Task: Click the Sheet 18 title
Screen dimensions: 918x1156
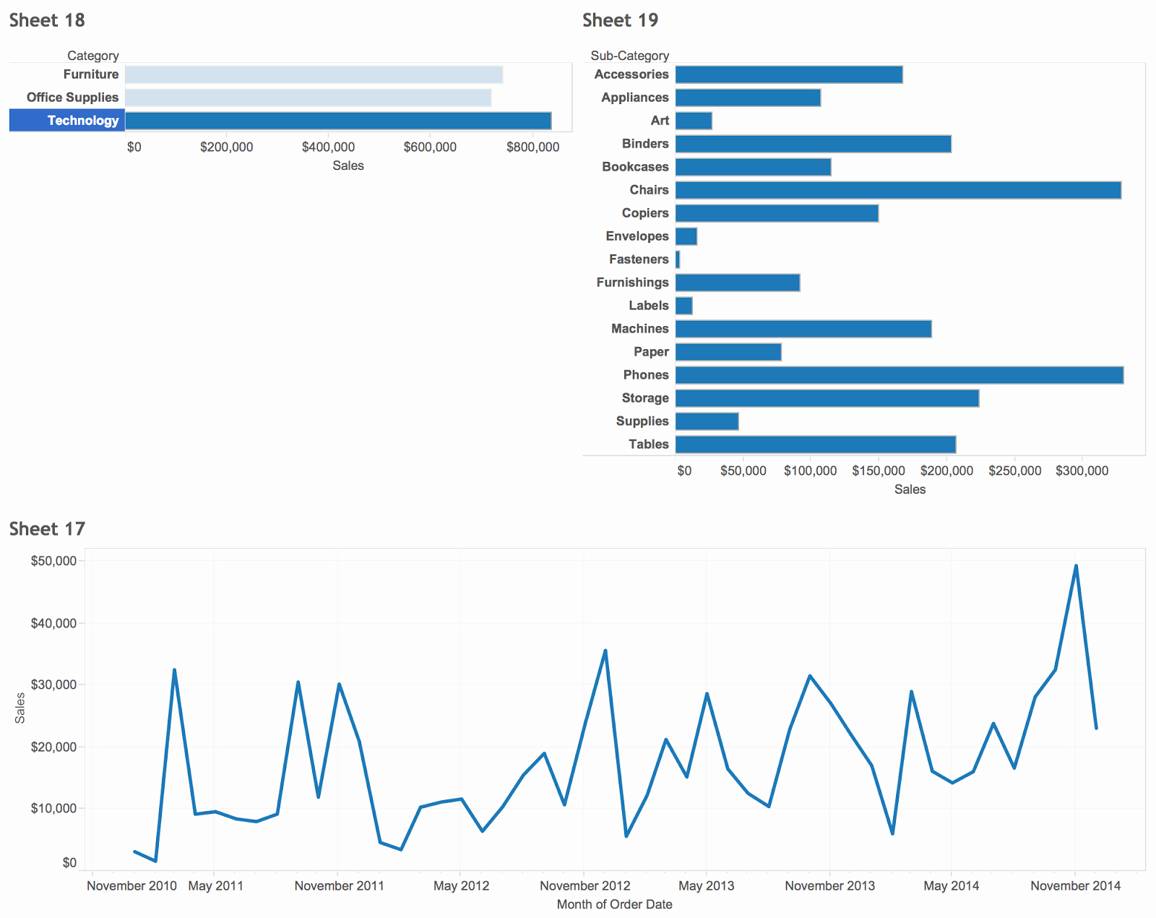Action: [47, 20]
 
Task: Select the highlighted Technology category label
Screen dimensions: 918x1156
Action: [82, 121]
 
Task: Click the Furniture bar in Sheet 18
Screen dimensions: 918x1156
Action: [314, 74]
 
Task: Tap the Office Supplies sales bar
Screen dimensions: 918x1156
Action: [308, 98]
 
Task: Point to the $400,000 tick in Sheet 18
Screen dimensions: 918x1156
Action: [328, 147]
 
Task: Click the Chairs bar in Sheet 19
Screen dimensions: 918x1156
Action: [897, 190]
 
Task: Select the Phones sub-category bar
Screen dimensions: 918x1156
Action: [899, 375]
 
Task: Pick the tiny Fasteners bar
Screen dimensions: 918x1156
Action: [678, 259]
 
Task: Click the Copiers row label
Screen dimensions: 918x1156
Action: [644, 213]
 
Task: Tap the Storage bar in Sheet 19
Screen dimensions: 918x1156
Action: [827, 398]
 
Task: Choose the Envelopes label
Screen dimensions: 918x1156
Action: [637, 236]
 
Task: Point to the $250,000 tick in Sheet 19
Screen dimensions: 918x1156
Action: [1014, 471]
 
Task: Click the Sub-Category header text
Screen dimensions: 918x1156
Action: [629, 56]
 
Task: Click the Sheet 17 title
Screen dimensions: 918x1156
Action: [47, 529]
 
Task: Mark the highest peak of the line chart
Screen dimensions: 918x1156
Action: [1076, 566]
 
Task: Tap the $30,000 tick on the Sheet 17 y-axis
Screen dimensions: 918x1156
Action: [53, 685]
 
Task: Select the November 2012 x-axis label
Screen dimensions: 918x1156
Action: [585, 886]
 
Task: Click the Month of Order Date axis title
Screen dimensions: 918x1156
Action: [614, 904]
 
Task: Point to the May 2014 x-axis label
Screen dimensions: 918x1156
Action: [951, 886]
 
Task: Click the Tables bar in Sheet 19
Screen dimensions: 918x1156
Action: [815, 445]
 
